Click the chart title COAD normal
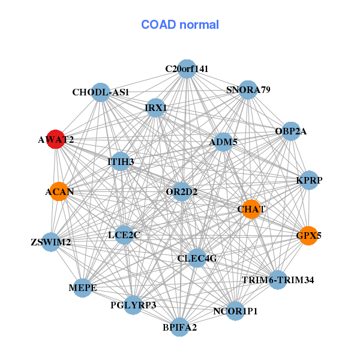coord(180,25)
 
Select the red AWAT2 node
coord(56,139)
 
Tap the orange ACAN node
coord(59,192)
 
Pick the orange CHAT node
coord(251,209)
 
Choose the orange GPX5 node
coord(308,236)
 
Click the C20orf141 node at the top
coord(187,69)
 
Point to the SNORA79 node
coord(248,90)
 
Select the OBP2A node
coord(290,131)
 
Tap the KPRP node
coord(308,181)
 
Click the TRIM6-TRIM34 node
coord(277,280)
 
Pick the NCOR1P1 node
coord(236,311)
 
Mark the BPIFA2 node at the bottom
coord(179,327)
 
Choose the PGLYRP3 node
coord(133,305)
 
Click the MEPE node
coord(82,288)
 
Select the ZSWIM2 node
coord(51,242)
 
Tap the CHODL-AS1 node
coord(101,92)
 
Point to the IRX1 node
coord(156,108)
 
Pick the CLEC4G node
coord(197,258)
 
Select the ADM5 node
coord(223,142)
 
